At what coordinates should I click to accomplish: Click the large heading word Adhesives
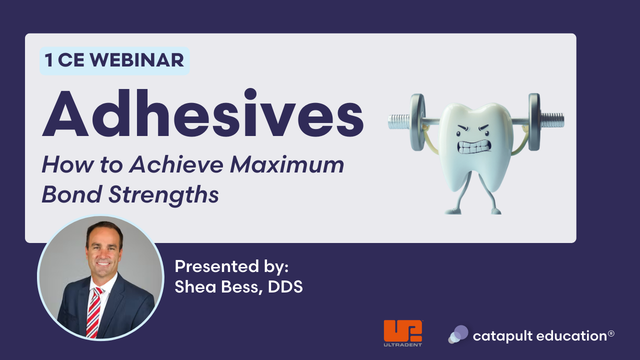click(x=203, y=113)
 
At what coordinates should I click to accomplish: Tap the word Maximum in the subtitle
click(x=287, y=164)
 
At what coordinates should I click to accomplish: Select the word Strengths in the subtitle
click(x=163, y=195)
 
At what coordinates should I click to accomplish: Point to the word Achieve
click(x=176, y=164)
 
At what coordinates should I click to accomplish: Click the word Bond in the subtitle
click(x=72, y=194)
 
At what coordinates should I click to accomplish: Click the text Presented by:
click(x=231, y=267)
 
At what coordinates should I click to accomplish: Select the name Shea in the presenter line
click(x=195, y=286)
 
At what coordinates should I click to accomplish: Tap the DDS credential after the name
click(x=285, y=287)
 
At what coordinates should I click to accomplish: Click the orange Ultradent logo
click(x=403, y=333)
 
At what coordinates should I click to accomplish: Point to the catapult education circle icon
click(x=458, y=334)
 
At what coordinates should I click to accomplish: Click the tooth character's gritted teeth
click(x=473, y=146)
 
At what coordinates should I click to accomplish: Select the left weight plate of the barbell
click(x=417, y=122)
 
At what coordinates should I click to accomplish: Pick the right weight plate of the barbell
click(x=534, y=122)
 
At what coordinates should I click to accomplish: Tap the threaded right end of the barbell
click(x=552, y=120)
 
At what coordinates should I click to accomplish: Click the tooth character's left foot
click(x=453, y=211)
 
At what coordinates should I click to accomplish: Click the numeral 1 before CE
click(x=49, y=60)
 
